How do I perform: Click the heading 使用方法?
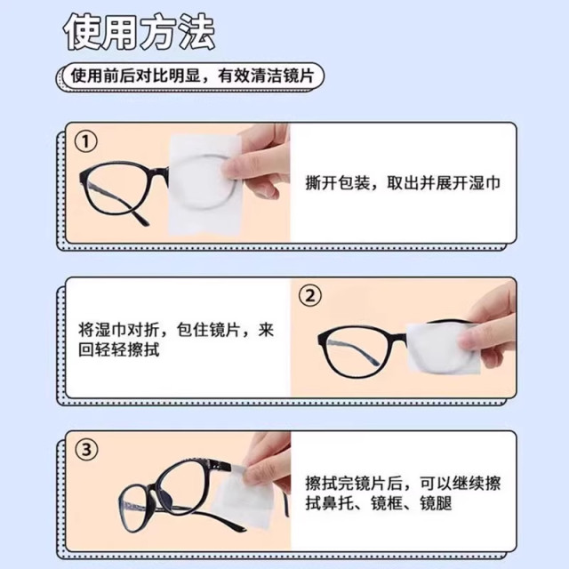140,33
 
